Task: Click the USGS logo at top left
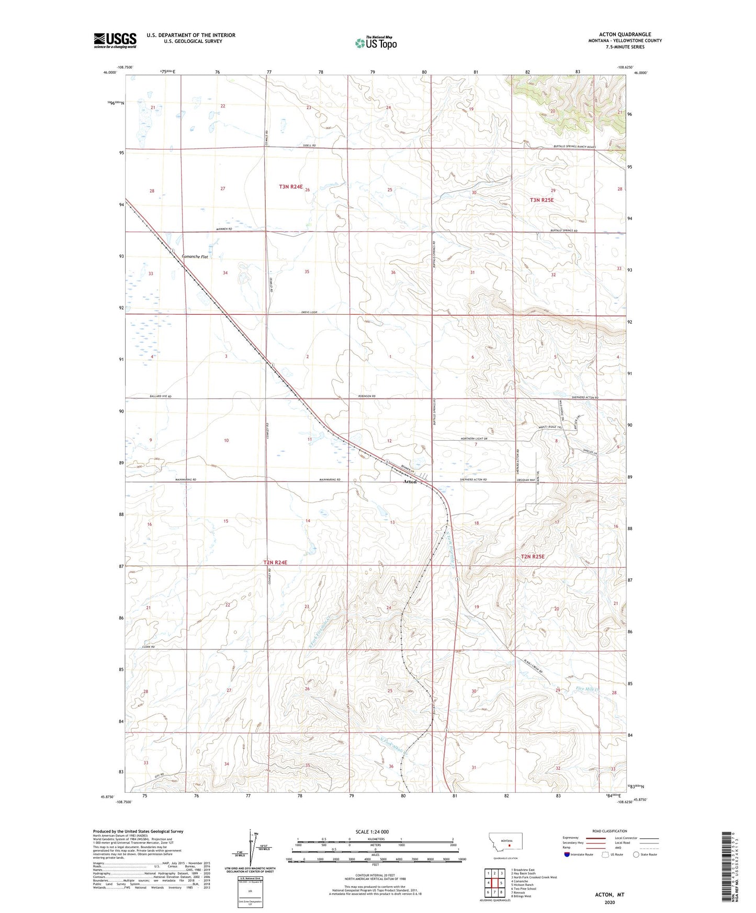pyautogui.click(x=115, y=40)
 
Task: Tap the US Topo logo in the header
pyautogui.click(x=376, y=43)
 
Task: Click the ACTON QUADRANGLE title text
pyautogui.click(x=625, y=34)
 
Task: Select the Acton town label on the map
pyautogui.click(x=410, y=482)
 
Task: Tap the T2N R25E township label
pyautogui.click(x=533, y=557)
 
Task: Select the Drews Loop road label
pyautogui.click(x=309, y=312)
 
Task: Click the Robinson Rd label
pyautogui.click(x=367, y=396)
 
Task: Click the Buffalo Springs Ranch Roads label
pyautogui.click(x=574, y=147)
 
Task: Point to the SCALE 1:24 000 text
pyautogui.click(x=372, y=831)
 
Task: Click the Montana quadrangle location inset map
pyautogui.click(x=505, y=844)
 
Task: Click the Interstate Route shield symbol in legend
pyautogui.click(x=568, y=854)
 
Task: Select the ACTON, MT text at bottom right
pyautogui.click(x=610, y=895)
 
